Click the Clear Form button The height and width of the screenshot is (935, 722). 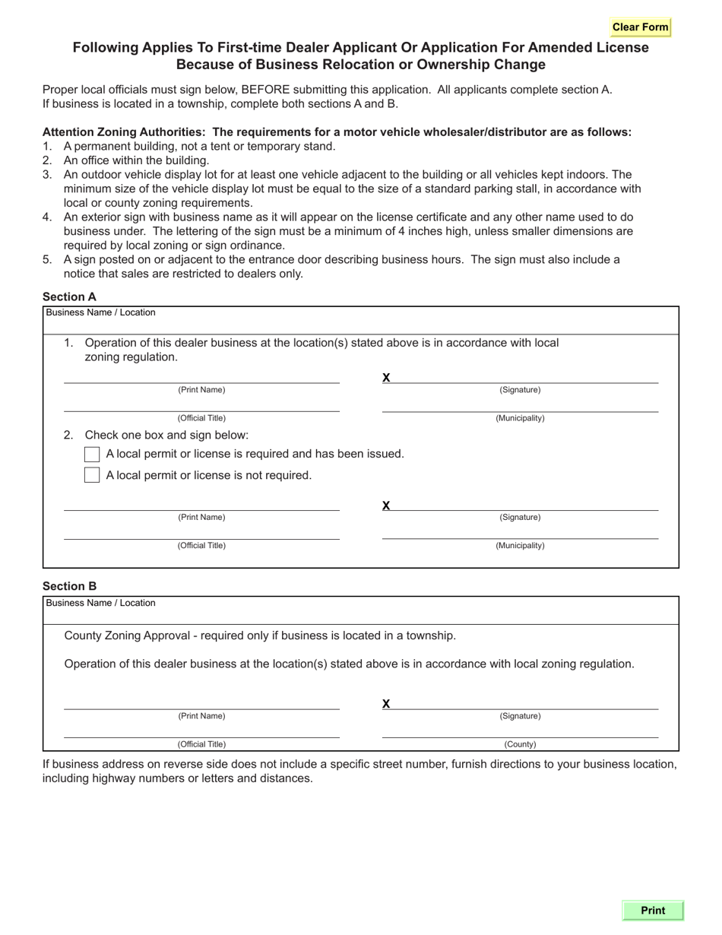[x=640, y=27]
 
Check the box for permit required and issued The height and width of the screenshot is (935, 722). [x=92, y=454]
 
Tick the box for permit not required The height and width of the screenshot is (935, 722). [x=92, y=475]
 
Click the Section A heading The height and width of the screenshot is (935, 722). [x=69, y=297]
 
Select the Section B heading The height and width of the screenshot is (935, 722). [x=69, y=586]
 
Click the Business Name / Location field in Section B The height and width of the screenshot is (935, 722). [x=360, y=613]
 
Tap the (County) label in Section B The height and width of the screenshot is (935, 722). [x=520, y=744]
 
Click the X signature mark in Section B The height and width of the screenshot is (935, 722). [x=386, y=704]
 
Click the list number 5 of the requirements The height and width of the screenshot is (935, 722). [x=47, y=260]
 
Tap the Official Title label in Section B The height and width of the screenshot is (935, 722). [x=201, y=744]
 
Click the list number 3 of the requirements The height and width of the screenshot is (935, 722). [x=47, y=175]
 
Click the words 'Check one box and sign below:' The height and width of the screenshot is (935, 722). [x=166, y=435]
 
